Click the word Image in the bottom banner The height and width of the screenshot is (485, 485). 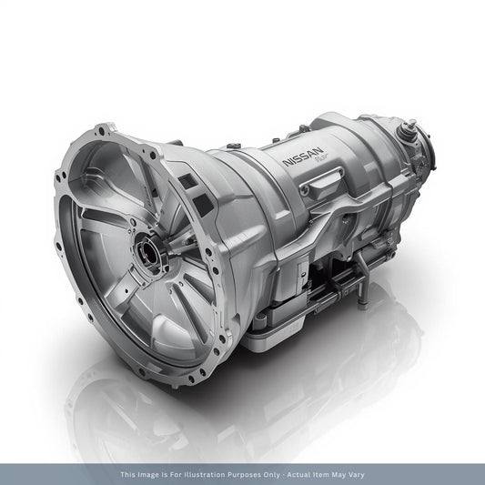(156, 474)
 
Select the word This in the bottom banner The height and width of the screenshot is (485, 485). (130, 474)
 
